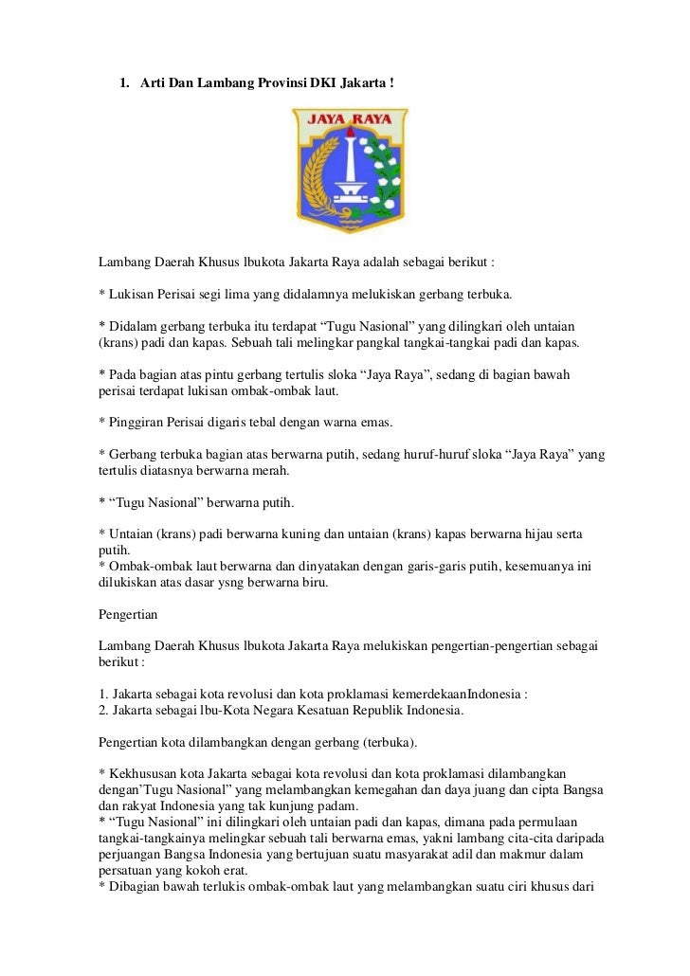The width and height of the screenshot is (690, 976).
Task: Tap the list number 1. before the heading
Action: (124, 85)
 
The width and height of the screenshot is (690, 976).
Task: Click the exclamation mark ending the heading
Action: (390, 85)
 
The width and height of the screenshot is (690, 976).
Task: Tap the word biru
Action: (310, 583)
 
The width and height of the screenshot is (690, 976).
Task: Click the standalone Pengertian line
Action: (128, 614)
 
